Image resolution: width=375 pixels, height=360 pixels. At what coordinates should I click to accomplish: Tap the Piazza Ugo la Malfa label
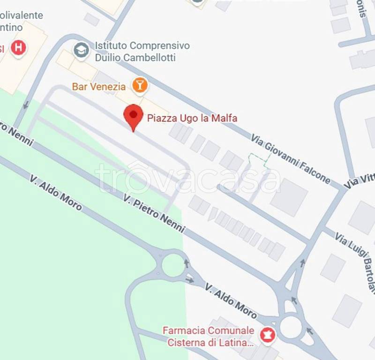[192, 118]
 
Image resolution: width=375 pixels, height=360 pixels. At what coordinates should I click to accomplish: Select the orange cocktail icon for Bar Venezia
[139, 85]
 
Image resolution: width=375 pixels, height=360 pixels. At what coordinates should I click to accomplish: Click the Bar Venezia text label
[98, 87]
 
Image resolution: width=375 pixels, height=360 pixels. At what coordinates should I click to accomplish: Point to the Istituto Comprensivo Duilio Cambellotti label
[142, 52]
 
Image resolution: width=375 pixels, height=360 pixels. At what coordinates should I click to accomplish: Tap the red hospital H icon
[18, 47]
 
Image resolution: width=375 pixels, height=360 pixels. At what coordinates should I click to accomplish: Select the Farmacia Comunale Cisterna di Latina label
[209, 337]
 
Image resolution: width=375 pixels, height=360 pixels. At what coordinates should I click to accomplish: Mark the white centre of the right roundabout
[291, 327]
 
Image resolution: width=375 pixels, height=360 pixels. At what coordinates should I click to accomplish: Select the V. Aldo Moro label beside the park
[56, 193]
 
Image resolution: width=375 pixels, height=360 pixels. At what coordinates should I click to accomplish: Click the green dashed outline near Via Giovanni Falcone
[259, 159]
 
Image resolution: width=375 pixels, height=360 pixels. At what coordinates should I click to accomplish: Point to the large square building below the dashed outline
[289, 197]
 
